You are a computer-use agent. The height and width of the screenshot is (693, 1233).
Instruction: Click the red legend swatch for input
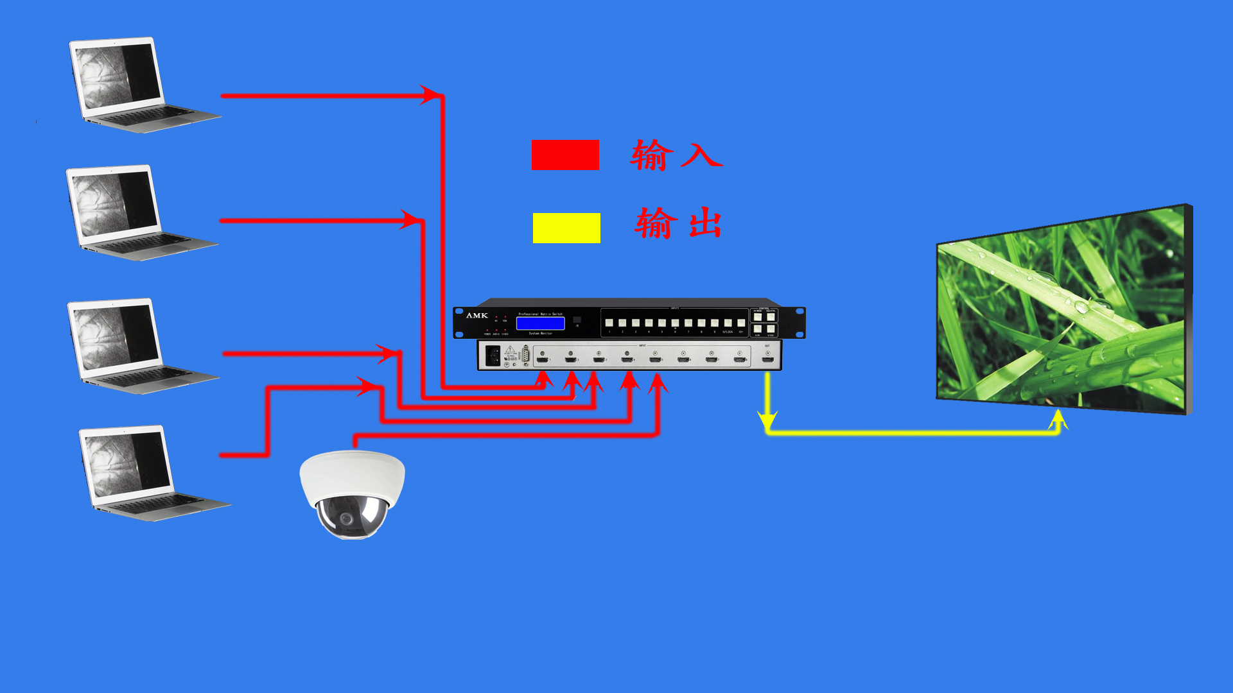[x=565, y=155]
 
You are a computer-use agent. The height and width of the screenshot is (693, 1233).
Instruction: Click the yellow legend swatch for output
[x=566, y=228]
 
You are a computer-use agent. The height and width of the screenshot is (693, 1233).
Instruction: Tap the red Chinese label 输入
[x=676, y=155]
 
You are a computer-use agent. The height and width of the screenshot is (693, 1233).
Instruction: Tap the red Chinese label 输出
[x=678, y=223]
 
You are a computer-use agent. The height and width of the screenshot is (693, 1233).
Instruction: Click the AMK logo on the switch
[x=477, y=316]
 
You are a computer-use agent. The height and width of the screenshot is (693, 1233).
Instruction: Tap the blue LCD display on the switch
[x=540, y=323]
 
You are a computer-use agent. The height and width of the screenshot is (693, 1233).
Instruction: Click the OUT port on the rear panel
[x=767, y=359]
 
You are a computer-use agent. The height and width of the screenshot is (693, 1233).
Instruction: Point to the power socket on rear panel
[x=493, y=355]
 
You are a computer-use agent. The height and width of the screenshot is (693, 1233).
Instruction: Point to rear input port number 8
[x=740, y=359]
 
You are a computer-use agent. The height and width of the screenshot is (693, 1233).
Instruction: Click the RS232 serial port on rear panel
[x=526, y=355]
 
